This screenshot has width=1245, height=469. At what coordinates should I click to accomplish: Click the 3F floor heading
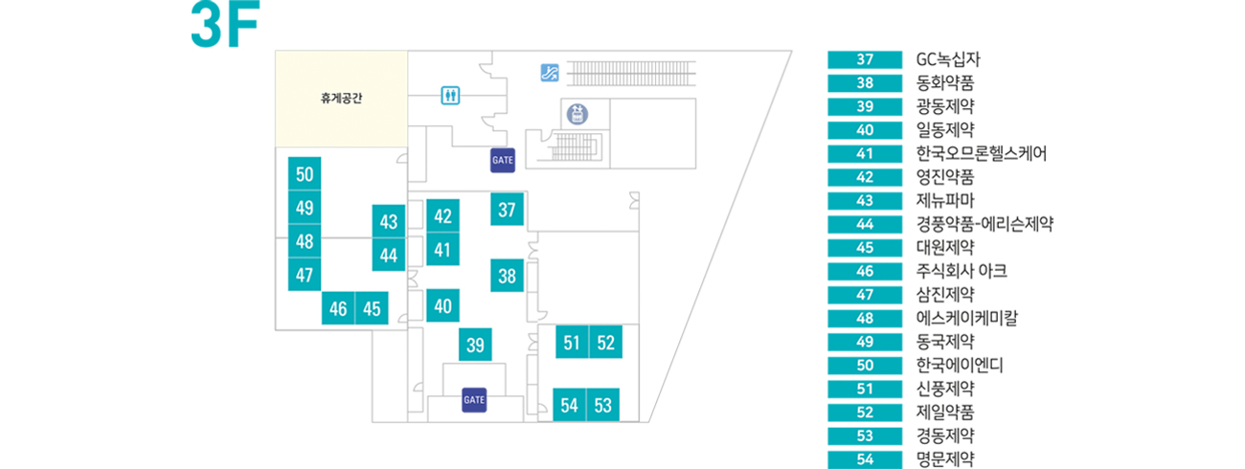(x=225, y=26)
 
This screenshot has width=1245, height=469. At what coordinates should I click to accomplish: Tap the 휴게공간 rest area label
(x=342, y=98)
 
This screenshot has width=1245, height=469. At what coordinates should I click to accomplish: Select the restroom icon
(x=451, y=96)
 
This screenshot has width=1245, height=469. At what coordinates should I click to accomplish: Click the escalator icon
(x=549, y=72)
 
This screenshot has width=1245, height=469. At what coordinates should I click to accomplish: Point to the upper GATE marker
(x=503, y=159)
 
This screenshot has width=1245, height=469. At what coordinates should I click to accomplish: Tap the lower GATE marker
(x=475, y=398)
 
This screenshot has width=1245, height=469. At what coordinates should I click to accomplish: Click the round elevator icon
(x=577, y=115)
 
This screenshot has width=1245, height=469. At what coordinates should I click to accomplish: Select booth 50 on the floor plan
(x=305, y=174)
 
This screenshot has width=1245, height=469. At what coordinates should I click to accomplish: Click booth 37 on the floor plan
(x=508, y=210)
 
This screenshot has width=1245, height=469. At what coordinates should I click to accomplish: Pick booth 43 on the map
(x=389, y=222)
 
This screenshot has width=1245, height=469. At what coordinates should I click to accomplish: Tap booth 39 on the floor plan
(x=474, y=345)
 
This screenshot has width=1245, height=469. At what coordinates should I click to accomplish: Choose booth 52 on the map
(x=605, y=343)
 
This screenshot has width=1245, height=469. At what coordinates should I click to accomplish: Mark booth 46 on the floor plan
(x=338, y=308)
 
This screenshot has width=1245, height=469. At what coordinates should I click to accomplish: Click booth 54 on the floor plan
(x=570, y=405)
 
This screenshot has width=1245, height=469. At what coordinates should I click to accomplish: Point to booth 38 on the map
(x=508, y=277)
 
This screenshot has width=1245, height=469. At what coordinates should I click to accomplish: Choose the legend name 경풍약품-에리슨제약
(x=985, y=225)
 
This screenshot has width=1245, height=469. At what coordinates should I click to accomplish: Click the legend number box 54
(x=865, y=459)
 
